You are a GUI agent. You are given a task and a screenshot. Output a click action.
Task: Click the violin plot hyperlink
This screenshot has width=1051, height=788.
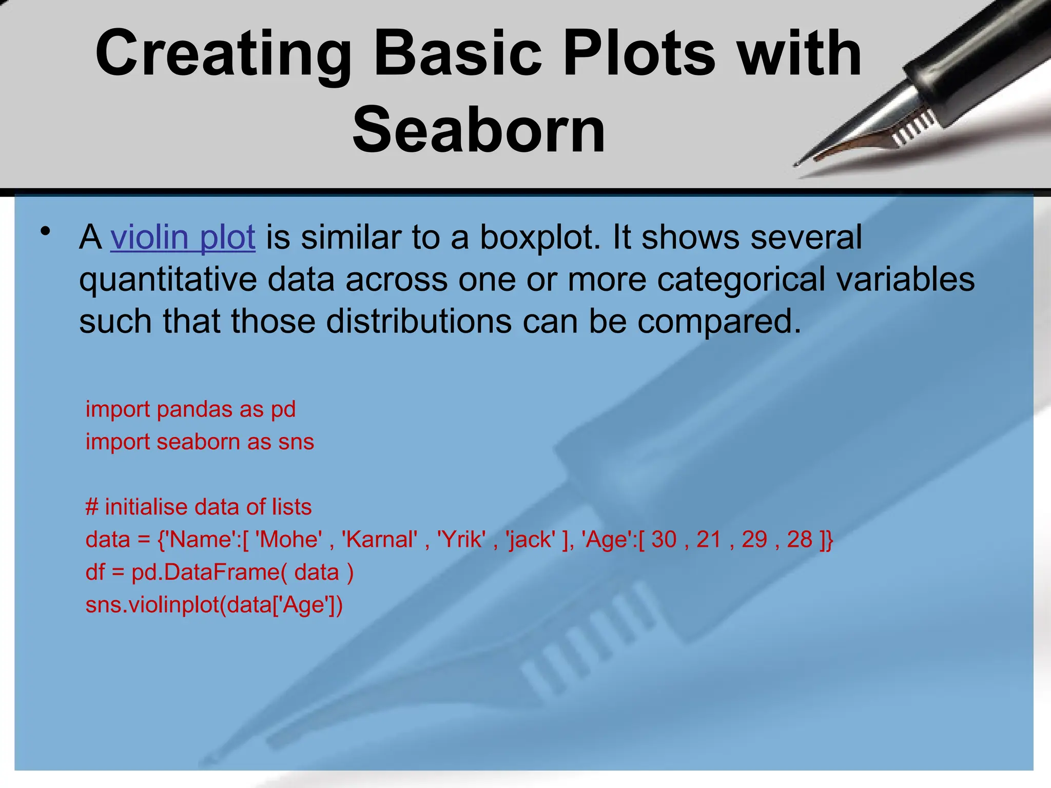183,238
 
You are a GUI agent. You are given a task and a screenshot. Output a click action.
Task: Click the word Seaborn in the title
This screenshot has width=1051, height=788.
479,130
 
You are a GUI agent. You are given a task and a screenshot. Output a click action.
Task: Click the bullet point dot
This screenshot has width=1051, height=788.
46,231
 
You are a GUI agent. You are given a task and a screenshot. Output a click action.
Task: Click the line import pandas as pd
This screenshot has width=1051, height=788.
190,409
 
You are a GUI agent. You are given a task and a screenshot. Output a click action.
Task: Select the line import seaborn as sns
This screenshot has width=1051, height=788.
200,442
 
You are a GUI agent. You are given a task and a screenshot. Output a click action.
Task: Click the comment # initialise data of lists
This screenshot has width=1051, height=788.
199,507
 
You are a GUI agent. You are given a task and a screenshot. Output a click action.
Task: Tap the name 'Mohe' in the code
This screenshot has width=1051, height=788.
289,540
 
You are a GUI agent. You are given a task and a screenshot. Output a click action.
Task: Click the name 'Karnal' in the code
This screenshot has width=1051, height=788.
379,540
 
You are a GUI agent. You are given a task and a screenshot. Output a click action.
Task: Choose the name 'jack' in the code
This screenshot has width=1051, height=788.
531,540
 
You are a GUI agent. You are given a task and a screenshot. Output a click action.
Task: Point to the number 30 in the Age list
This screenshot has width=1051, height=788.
664,540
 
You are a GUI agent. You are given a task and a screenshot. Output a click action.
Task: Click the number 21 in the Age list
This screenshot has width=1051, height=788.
709,540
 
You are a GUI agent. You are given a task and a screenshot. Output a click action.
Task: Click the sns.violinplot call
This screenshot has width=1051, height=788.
214,605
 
